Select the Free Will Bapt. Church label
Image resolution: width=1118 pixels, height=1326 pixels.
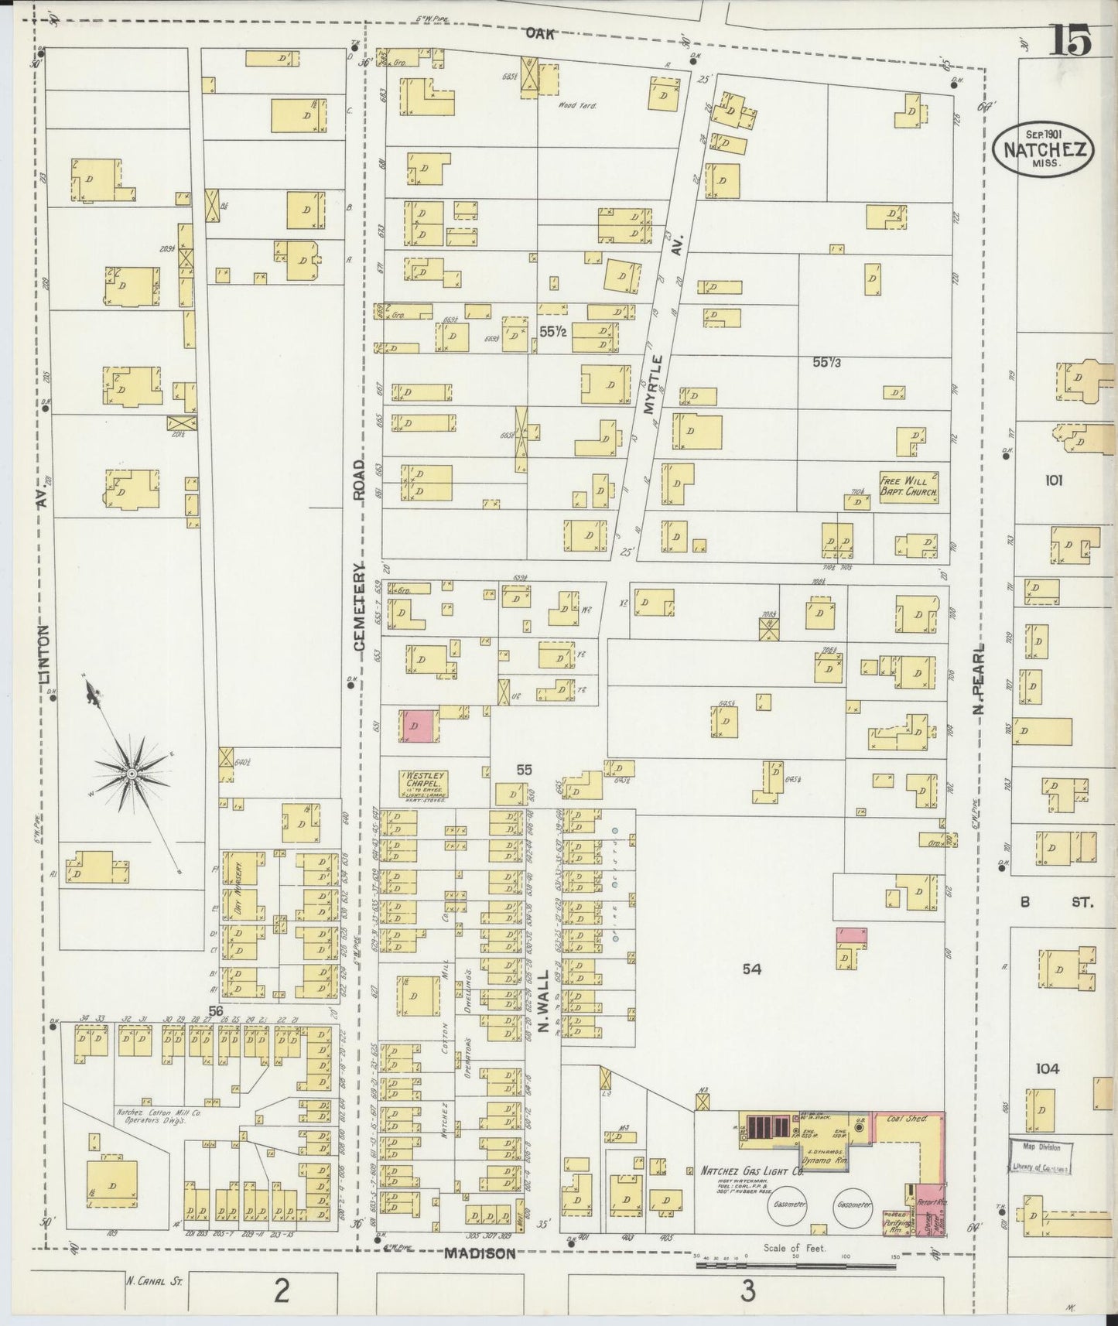click(x=909, y=486)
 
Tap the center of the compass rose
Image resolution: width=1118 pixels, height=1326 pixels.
click(x=132, y=773)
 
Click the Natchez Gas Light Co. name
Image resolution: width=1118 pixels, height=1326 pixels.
click(x=752, y=1172)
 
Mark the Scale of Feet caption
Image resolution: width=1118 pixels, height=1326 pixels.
click(x=794, y=1247)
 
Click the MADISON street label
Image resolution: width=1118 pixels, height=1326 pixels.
click(x=480, y=1254)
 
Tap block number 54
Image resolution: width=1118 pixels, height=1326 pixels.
click(x=751, y=968)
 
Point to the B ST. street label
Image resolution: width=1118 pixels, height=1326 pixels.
click(x=1056, y=901)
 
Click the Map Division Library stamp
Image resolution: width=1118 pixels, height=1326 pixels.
click(x=1041, y=1157)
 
